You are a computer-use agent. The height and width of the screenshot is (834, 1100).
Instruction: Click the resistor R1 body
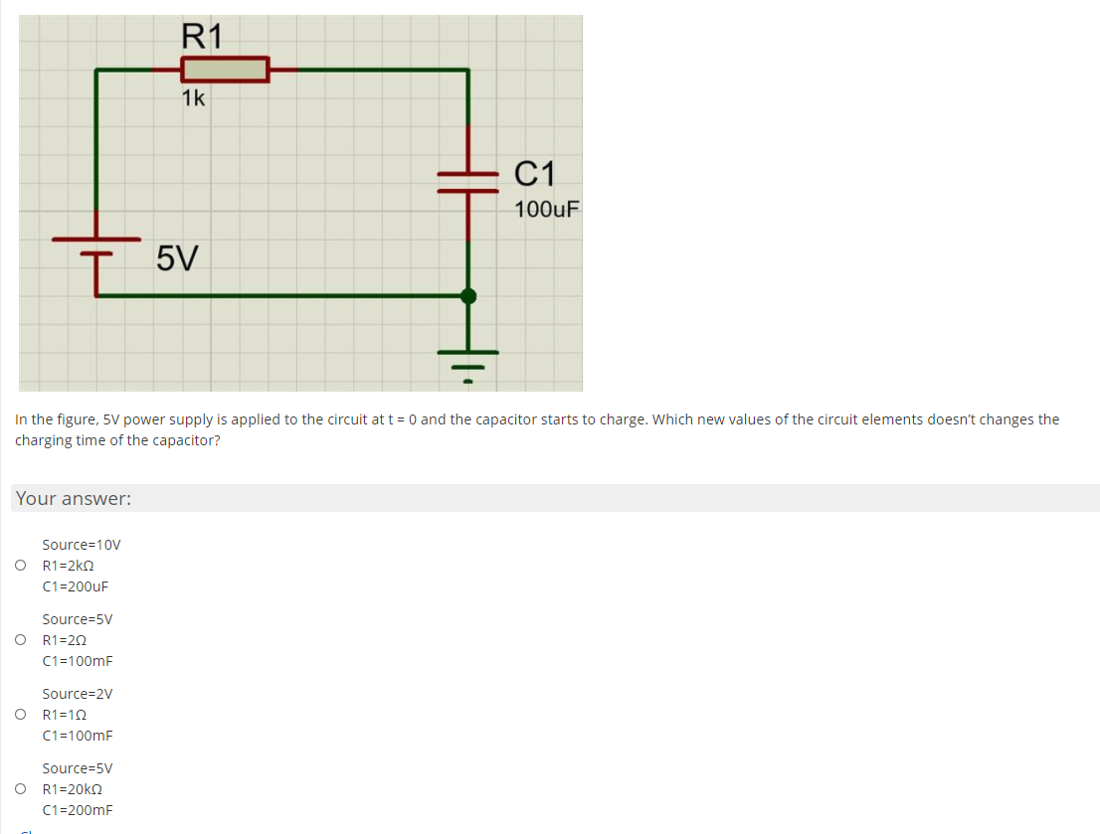coord(225,70)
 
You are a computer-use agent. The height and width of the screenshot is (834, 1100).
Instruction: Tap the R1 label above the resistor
coord(203,37)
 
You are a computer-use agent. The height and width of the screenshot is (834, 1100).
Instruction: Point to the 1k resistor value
coord(193,98)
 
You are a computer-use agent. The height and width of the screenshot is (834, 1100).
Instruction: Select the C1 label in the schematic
coord(536,174)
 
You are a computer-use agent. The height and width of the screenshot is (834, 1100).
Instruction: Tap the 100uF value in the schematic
coord(547,210)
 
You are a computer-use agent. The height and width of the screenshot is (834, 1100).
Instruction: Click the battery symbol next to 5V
coord(96,246)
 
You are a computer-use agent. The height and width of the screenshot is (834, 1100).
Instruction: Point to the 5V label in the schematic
coord(177,259)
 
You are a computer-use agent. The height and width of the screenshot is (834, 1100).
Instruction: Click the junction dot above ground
coord(468,295)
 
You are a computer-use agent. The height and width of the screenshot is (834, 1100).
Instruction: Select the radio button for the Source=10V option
coord(20,566)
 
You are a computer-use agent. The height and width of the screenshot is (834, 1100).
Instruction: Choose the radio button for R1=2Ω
coord(20,640)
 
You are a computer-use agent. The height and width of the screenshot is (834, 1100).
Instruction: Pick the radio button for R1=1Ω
coord(20,715)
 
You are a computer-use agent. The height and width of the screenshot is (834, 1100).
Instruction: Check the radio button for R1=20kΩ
coord(20,789)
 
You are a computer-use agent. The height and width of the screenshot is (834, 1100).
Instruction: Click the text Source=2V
coord(78,694)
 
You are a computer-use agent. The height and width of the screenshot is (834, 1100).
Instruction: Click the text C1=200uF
coord(76,586)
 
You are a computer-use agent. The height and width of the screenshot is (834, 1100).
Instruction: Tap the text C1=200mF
coord(78,810)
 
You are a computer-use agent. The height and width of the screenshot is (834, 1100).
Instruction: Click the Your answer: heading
coord(74,499)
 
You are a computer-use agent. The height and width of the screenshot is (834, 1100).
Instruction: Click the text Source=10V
coord(82,545)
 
